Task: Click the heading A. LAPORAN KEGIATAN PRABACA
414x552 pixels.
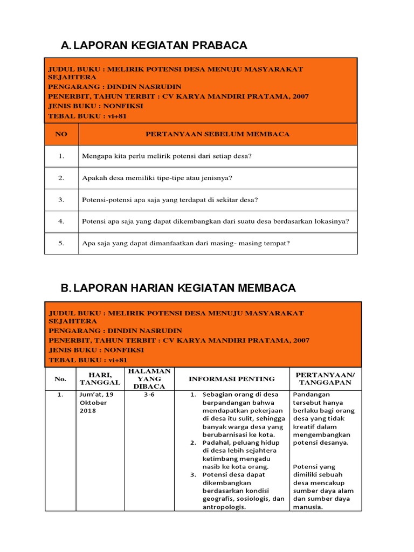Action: click(x=154, y=45)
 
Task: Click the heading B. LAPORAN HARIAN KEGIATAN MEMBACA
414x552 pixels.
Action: click(x=178, y=288)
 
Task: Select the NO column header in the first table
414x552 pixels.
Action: click(x=61, y=134)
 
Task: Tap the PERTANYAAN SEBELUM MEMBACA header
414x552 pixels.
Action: click(x=218, y=134)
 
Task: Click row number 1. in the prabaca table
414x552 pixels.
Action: click(x=61, y=156)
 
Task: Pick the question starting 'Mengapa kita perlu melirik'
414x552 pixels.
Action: click(x=167, y=156)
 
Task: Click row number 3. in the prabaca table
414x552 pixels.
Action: click(x=61, y=199)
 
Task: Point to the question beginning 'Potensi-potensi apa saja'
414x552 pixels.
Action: click(x=170, y=199)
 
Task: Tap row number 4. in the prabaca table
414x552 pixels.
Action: click(x=61, y=221)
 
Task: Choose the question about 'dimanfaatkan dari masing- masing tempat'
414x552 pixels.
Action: click(x=186, y=243)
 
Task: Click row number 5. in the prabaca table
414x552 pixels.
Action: click(x=61, y=243)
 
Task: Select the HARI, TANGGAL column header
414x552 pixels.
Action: click(x=100, y=378)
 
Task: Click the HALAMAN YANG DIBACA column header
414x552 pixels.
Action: click(x=149, y=378)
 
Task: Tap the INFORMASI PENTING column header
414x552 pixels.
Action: click(x=231, y=378)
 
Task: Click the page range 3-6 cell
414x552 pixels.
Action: click(x=149, y=395)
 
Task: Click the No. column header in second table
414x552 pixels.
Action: click(x=60, y=378)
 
